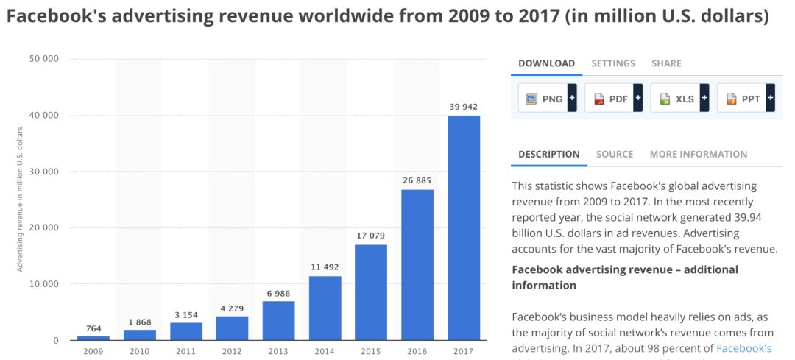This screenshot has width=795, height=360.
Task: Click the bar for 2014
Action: pos(325,308)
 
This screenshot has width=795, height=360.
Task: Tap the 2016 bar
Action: pos(417,265)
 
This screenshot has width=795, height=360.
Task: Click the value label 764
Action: pos(93,329)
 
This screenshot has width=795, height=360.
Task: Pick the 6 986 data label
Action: pos(278,294)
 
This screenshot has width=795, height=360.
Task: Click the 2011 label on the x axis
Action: pos(185,350)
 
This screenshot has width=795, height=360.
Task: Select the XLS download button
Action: pos(679,98)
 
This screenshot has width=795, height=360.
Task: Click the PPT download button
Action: pos(745,98)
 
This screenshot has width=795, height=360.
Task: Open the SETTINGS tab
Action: pos(613,63)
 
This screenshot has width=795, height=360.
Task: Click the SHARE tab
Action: pos(666,63)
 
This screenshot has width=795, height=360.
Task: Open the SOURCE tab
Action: pos(615,154)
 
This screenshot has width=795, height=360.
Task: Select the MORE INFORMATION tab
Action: pos(698,154)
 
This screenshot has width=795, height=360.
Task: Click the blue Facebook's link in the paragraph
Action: pos(743,348)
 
